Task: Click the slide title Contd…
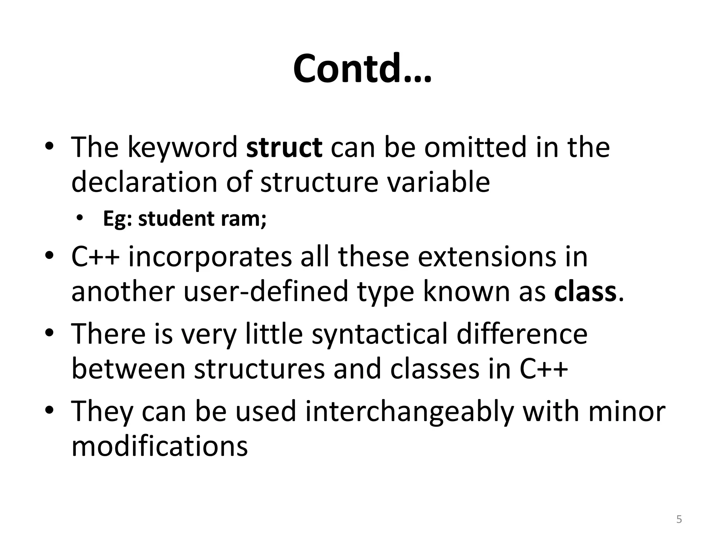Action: pos(362,69)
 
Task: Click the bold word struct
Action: pos(284,147)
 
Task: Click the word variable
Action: pos(438,182)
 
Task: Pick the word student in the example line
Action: pos(176,219)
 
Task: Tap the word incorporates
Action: pos(210,256)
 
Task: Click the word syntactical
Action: pos(380,334)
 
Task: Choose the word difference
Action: pos(522,334)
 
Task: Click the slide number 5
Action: pos(679,520)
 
